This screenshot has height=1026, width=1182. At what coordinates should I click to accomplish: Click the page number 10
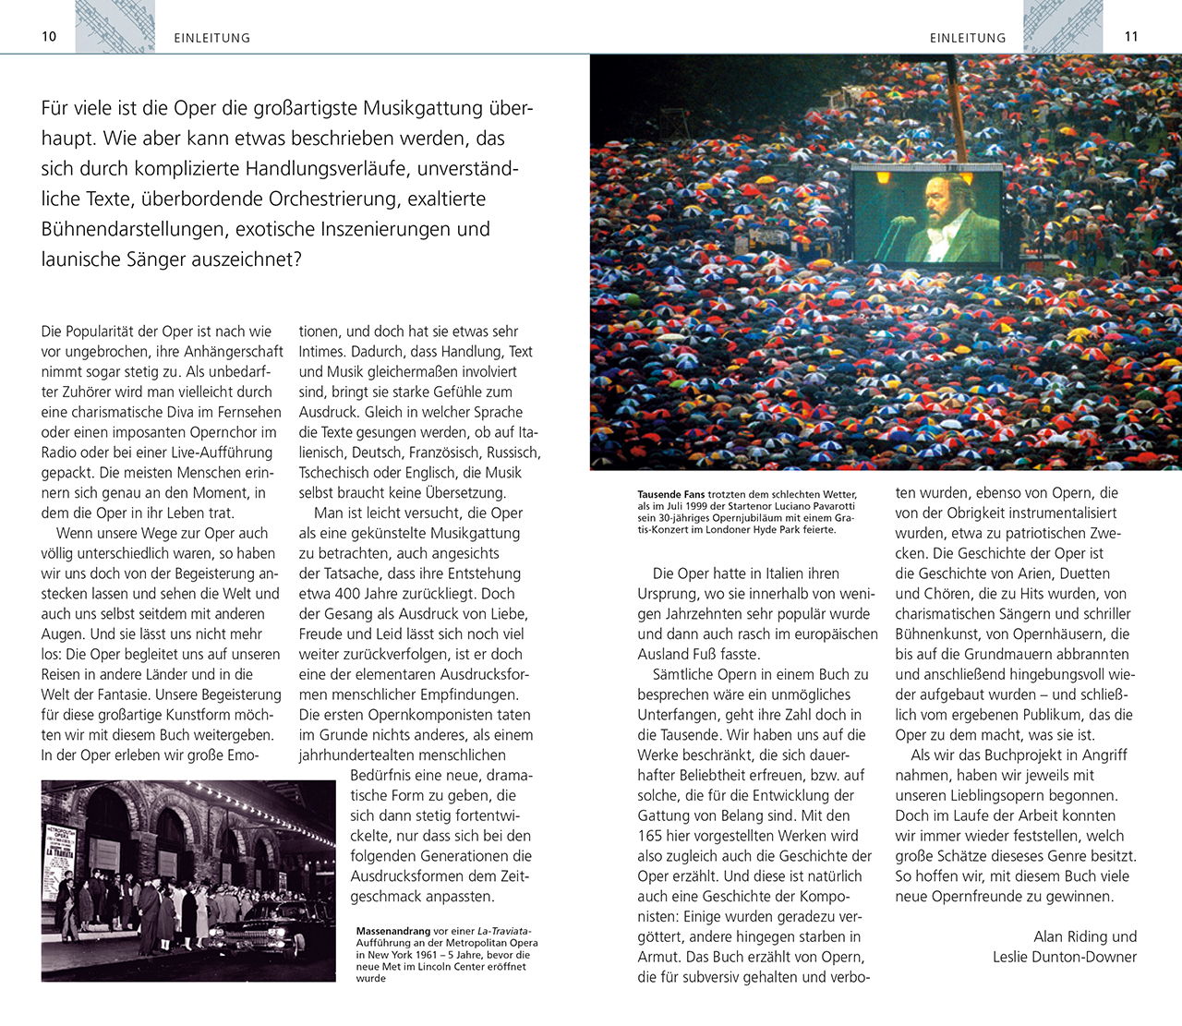point(49,36)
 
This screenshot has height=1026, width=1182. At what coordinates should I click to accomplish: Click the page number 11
point(1131,36)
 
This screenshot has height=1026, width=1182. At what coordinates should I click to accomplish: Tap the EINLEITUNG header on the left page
point(211,38)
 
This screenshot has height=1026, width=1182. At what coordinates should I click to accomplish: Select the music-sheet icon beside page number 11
point(1063,26)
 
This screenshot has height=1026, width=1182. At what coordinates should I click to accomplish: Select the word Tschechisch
point(336,473)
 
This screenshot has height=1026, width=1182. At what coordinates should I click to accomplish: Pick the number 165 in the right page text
point(650,836)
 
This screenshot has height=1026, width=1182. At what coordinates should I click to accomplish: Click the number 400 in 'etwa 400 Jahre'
point(349,594)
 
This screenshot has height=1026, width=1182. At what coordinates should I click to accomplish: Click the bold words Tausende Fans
point(671,495)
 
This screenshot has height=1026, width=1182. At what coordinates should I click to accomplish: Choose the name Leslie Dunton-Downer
point(1065,957)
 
